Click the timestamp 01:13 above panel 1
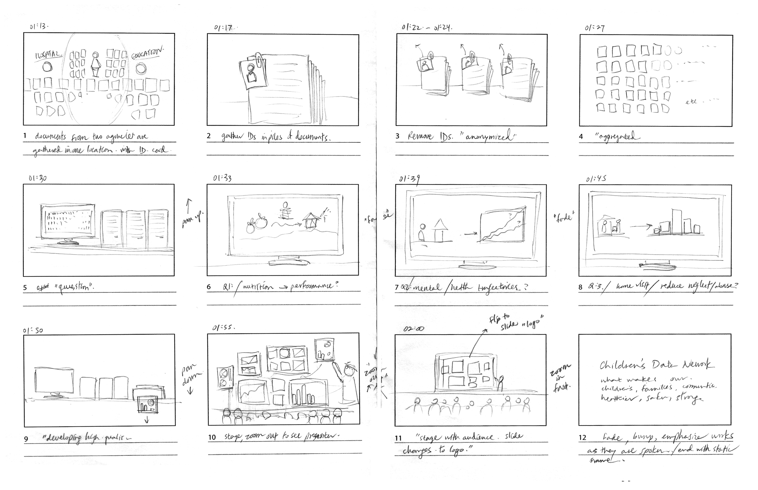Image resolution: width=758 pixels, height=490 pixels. [x=39, y=26]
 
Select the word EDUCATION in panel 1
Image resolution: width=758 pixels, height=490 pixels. [x=147, y=53]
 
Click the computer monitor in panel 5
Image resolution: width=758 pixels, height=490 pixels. [x=68, y=222]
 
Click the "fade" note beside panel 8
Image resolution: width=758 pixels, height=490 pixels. [x=564, y=218]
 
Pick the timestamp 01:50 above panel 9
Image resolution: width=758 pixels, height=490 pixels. [x=33, y=331]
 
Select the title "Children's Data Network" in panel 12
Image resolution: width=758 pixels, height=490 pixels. [x=655, y=365]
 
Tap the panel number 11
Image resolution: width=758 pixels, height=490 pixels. [x=398, y=438]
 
